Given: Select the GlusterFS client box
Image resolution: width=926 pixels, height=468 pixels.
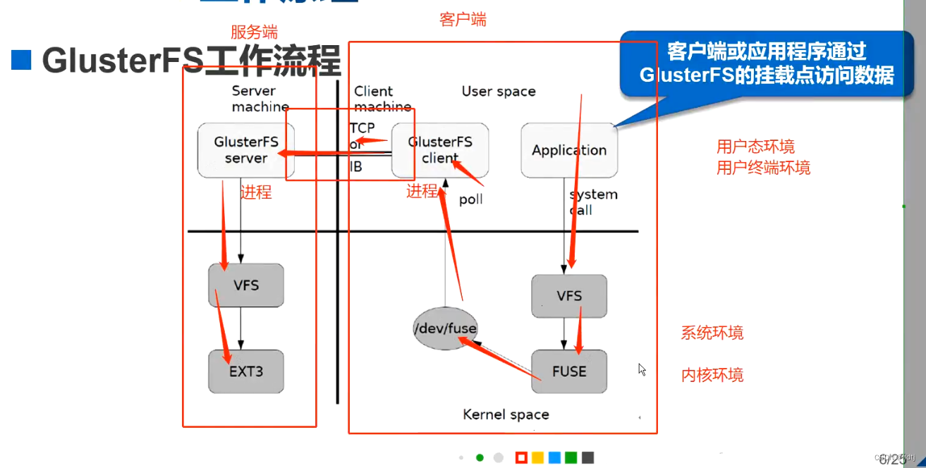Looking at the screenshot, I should click(440, 149).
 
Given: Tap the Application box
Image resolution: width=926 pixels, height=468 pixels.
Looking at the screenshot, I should click(569, 150).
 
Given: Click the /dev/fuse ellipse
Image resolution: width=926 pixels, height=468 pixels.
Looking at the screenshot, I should click(444, 328).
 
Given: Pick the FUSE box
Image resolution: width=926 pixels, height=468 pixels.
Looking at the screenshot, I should click(569, 371).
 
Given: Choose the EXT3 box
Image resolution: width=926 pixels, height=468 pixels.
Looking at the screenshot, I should click(246, 371).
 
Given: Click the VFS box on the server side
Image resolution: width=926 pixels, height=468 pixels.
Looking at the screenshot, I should click(246, 285).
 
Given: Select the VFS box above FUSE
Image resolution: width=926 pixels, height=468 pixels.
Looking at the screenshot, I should click(569, 296).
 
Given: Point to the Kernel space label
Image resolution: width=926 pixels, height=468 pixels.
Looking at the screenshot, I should click(506, 414).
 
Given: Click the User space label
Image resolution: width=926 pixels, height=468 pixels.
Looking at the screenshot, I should click(499, 92).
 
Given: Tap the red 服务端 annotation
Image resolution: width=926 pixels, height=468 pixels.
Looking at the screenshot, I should click(254, 32).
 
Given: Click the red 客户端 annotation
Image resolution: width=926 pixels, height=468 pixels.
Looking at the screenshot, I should click(463, 20).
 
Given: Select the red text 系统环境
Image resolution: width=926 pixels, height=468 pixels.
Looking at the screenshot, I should click(712, 333).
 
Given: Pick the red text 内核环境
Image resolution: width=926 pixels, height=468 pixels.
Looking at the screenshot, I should click(712, 374).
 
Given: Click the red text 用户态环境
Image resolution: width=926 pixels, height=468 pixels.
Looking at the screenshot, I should click(755, 147).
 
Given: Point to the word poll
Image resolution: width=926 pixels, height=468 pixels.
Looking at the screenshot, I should click(471, 199).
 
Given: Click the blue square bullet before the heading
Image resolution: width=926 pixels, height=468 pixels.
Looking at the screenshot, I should click(22, 61).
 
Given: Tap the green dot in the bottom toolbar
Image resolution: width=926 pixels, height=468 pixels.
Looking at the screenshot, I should click(480, 457).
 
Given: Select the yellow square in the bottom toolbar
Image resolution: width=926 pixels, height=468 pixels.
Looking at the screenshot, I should click(538, 457).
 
